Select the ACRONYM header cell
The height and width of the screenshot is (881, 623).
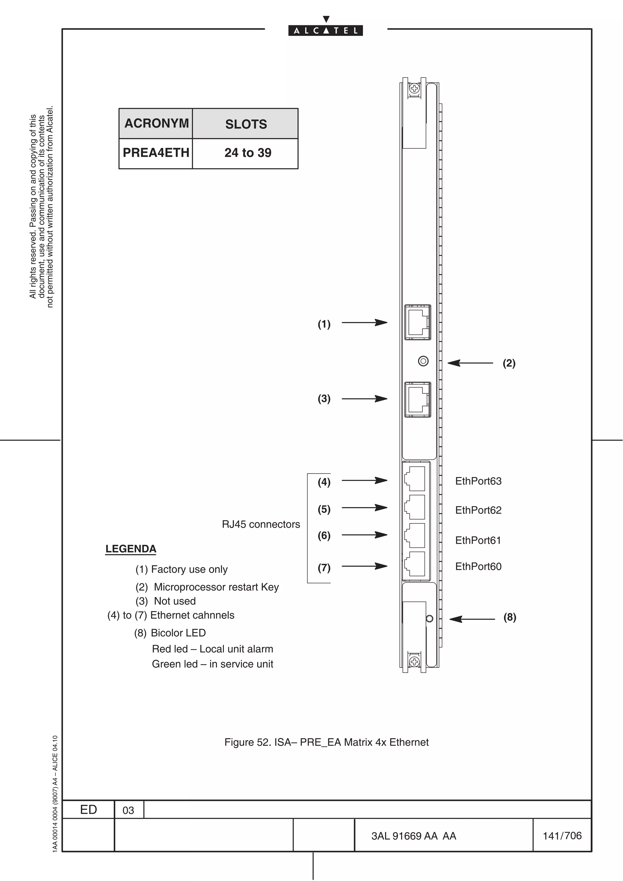156,123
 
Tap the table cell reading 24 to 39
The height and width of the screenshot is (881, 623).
248,153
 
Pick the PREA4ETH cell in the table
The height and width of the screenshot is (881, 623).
156,153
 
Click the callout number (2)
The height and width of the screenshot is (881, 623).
509,363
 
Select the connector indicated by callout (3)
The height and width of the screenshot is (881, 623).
417,399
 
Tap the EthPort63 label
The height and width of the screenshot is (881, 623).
478,481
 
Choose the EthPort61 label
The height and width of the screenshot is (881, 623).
478,541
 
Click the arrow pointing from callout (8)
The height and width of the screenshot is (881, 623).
472,619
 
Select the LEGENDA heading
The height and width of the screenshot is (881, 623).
131,549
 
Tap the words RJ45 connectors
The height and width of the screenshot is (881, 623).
261,524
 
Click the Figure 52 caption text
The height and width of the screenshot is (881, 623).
326,742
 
